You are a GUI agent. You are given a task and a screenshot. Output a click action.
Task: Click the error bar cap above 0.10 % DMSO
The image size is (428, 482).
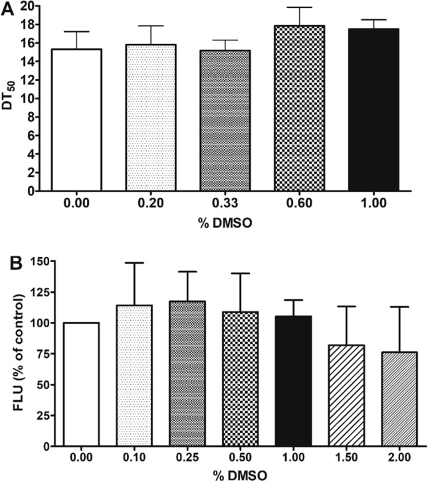(134, 263)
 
